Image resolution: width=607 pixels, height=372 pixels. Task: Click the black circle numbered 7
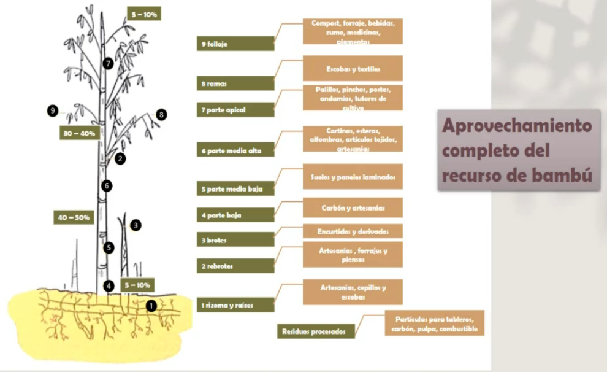109,63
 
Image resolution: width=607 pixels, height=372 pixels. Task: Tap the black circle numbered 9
53,110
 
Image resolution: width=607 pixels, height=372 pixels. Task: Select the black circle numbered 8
161,115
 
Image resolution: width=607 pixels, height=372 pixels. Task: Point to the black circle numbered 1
152,304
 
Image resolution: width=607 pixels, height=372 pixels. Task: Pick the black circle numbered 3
136,225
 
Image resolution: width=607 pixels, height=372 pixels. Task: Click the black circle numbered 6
107,186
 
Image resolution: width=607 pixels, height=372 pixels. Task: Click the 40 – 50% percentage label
74,217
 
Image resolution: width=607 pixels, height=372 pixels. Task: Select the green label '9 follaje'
235,44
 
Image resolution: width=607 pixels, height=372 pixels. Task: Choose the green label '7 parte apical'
235,110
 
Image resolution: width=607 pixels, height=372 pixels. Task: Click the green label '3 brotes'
235,240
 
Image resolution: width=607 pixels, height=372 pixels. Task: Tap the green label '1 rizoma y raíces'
235,304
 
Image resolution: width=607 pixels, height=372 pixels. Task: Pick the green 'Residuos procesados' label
315,331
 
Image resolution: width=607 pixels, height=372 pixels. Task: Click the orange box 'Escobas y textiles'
353,69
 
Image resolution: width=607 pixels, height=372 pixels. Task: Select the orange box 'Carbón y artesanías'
353,208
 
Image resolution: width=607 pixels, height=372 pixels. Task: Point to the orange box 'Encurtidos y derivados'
353,231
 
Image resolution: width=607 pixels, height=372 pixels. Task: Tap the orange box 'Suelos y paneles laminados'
353,177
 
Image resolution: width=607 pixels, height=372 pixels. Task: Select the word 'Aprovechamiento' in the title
517,126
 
